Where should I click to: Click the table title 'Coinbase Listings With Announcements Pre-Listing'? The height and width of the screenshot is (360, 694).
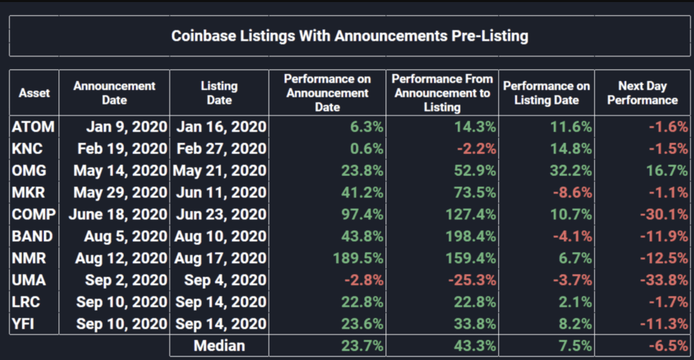tap(349, 36)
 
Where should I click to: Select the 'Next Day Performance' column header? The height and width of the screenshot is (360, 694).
tap(642, 93)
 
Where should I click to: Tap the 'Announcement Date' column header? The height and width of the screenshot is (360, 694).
tap(114, 93)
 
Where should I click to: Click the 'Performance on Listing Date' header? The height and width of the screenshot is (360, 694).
tap(546, 93)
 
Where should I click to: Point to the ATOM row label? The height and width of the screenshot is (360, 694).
tap(33, 126)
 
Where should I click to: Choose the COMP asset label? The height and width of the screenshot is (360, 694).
tap(34, 214)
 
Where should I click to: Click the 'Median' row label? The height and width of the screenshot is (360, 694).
tap(219, 345)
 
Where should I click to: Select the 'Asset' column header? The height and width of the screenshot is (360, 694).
tap(34, 93)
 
